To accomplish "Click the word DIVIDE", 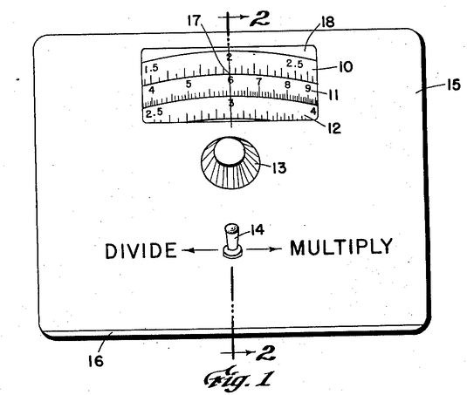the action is [141, 250].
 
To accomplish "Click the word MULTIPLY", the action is [341, 247].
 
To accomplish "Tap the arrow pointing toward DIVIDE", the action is [200, 250].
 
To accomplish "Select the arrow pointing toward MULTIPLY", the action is [264, 249].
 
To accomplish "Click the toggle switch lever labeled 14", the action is [232, 241].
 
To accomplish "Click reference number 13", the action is [278, 167].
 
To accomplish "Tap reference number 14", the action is [256, 230].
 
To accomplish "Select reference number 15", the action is [453, 85].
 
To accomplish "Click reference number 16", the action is [96, 361].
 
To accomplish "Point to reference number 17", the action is [194, 21].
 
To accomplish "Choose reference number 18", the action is [327, 22].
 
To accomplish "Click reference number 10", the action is [345, 67].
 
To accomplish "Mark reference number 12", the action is [334, 128].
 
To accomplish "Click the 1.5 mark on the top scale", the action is [151, 69].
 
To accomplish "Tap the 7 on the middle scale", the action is [259, 81].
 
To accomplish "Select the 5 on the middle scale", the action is [189, 85].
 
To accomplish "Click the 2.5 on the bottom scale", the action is [155, 112].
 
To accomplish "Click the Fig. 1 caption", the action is [238, 378].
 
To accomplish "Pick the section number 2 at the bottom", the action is [265, 353].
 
